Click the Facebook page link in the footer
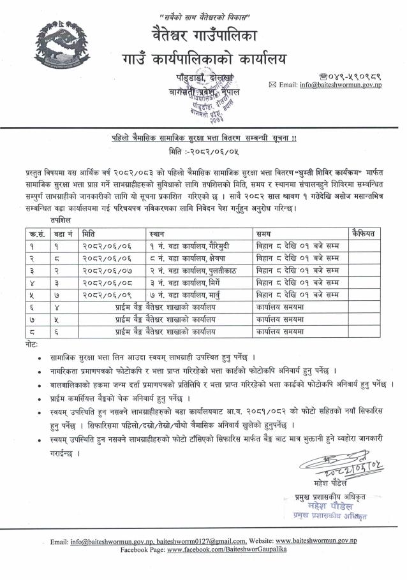tap(227, 549)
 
